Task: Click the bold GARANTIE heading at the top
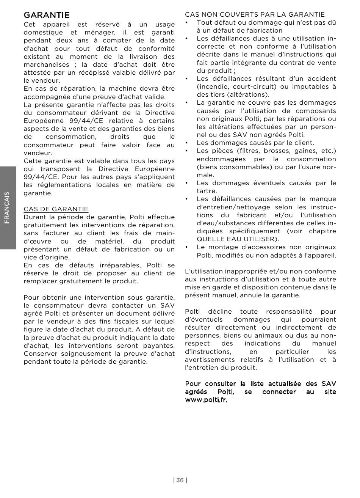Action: click(47, 15)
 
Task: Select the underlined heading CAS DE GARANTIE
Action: click(56, 209)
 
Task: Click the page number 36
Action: click(180, 480)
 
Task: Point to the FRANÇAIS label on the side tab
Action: click(8, 207)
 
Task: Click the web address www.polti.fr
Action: click(206, 400)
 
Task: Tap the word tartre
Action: click(207, 191)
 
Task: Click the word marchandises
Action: click(47, 64)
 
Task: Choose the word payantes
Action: click(159, 346)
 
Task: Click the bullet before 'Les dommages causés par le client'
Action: click(187, 143)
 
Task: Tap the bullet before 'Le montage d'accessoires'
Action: click(187, 247)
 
